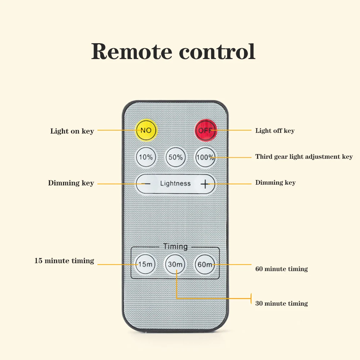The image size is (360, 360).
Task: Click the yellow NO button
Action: tap(146, 130)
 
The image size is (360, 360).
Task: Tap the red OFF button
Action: tap(206, 130)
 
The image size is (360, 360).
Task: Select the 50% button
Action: tap(175, 157)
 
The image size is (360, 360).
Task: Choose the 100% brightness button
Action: tap(205, 157)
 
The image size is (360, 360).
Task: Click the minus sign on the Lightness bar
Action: tap(146, 184)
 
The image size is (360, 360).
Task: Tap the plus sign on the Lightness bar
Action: tap(204, 184)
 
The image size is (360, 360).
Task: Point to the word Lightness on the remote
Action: tap(175, 184)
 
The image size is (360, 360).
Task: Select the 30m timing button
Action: tap(175, 265)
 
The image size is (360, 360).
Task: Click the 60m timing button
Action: tap(205, 265)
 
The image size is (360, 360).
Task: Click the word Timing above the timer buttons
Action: tap(175, 247)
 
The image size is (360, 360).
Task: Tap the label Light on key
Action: tap(72, 131)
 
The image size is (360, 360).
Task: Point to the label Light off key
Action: tap(275, 131)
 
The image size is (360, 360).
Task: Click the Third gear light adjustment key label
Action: tap(304, 157)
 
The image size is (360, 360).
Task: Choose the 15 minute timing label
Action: tap(64, 261)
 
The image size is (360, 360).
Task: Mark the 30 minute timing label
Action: tap(281, 303)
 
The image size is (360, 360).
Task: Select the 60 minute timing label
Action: tap(281, 269)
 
